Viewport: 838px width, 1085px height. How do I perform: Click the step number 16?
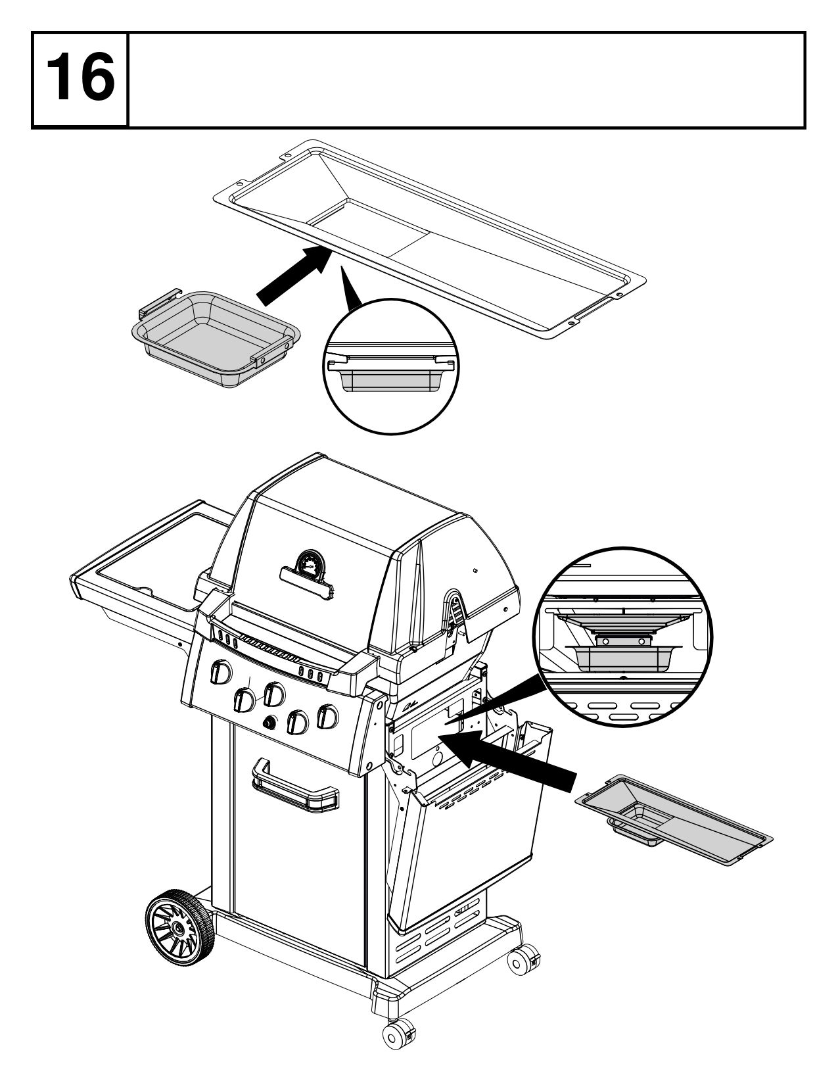80,79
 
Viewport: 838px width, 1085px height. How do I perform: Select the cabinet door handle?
296,787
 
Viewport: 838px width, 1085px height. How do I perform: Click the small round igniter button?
269,723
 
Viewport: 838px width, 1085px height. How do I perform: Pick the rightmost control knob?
327,716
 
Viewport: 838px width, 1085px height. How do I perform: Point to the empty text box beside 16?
467,79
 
